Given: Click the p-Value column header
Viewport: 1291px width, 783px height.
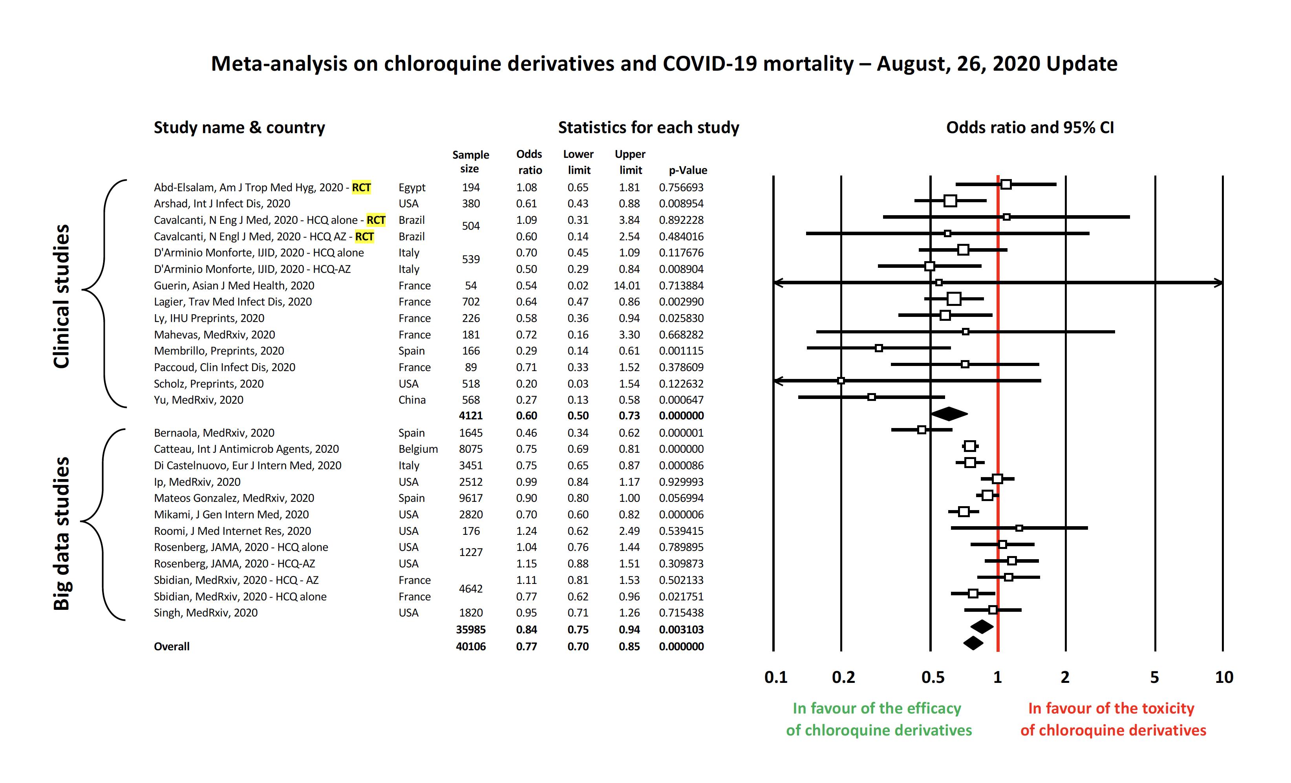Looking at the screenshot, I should click(x=688, y=170).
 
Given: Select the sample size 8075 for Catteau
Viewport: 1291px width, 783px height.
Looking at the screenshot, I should click(x=470, y=449).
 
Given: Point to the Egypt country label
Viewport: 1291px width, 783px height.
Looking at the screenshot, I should click(x=412, y=188).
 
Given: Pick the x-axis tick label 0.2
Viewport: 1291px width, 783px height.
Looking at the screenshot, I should click(x=843, y=677).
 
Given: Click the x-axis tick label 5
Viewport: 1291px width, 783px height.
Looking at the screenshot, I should click(x=1154, y=677).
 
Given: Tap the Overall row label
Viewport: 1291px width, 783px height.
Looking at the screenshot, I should click(x=171, y=646).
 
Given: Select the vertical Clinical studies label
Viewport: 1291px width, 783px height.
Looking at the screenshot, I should click(x=61, y=296).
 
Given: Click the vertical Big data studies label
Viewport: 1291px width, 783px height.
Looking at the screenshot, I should click(x=61, y=534).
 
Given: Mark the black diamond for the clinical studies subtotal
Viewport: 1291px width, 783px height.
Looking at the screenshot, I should click(x=949, y=414).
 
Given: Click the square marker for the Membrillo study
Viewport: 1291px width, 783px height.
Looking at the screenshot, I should click(x=879, y=348).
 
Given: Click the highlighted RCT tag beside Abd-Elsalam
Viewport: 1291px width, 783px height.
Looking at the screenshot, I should click(x=361, y=188).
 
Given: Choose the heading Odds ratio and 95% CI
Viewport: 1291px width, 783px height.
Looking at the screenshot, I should click(x=1030, y=127).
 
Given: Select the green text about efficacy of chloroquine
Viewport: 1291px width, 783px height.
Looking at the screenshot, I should click(x=878, y=719).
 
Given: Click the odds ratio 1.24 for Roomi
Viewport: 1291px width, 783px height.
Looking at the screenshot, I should click(x=526, y=531).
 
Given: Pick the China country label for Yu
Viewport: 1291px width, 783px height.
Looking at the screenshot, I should click(x=412, y=400).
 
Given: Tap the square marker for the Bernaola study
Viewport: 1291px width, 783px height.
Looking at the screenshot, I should click(x=922, y=430).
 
